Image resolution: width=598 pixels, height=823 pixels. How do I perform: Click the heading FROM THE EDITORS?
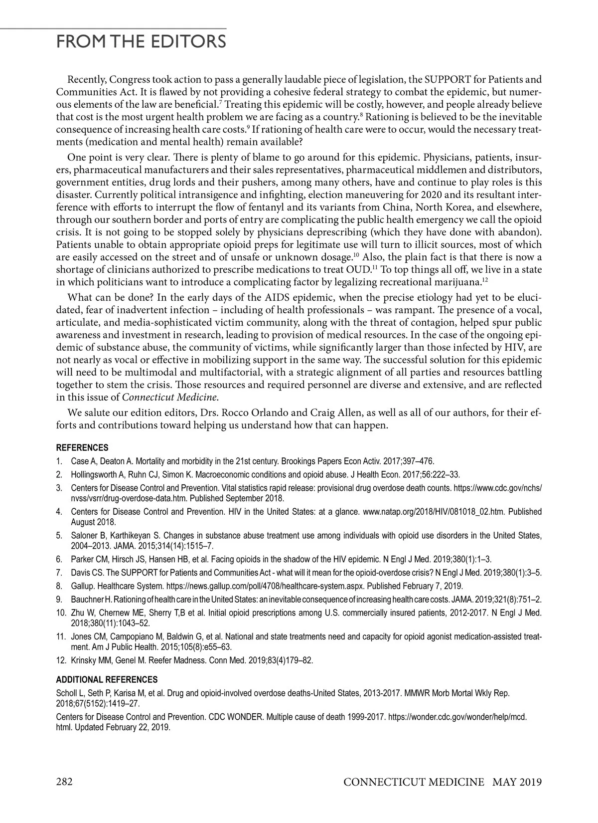141,41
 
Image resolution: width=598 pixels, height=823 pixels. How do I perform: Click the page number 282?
65,781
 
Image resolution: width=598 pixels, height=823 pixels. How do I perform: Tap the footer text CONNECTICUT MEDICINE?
414,782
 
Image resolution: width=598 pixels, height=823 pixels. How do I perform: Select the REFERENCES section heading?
82,447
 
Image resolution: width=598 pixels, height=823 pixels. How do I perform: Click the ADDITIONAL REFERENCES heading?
107,679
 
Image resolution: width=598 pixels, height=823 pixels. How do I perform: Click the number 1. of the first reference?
59,461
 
